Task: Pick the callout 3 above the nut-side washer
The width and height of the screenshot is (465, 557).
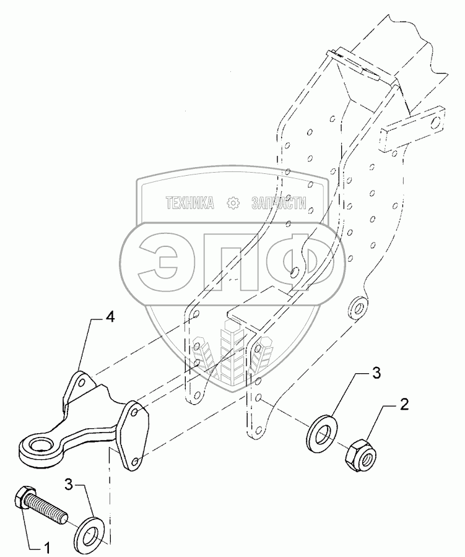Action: [x=376, y=373]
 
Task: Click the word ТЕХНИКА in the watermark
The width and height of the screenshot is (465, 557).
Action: [x=189, y=203]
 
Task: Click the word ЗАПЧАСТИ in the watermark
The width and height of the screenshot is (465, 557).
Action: [x=279, y=203]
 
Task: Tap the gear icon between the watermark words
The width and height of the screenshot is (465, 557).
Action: [x=233, y=203]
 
